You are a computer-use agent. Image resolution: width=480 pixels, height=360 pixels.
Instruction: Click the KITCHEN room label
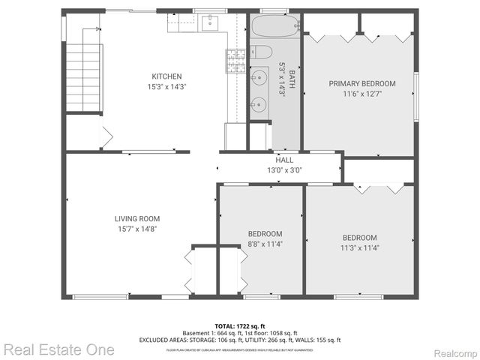pos(166,76)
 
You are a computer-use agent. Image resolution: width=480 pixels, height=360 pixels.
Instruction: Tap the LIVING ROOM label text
pos(135,219)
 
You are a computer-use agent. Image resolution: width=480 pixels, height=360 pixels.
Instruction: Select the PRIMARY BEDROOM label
pos(361,83)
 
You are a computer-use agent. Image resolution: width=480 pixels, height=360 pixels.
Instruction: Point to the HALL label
pos(284,160)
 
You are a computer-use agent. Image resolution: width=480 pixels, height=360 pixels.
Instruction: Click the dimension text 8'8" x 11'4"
pos(265,243)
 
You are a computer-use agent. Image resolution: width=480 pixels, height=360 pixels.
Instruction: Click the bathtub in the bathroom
pos(274,29)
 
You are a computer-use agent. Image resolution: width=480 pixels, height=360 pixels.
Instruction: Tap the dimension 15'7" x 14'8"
pos(135,229)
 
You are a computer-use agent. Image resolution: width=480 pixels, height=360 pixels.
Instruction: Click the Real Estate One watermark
pos(58,349)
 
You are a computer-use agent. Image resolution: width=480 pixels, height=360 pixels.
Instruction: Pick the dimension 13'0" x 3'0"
pos(284,169)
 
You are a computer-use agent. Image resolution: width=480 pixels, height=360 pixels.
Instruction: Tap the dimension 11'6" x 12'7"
pos(361,94)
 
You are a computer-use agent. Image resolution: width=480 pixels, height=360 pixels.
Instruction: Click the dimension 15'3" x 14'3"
pos(166,86)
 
